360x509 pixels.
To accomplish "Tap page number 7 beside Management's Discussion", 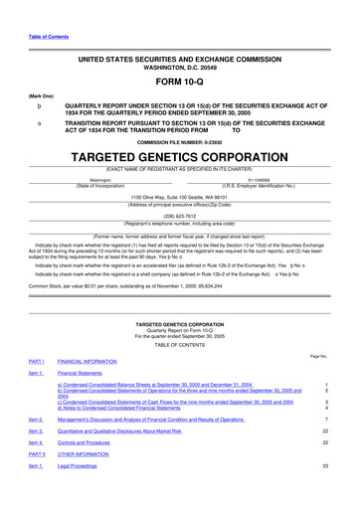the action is coord(326,420).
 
